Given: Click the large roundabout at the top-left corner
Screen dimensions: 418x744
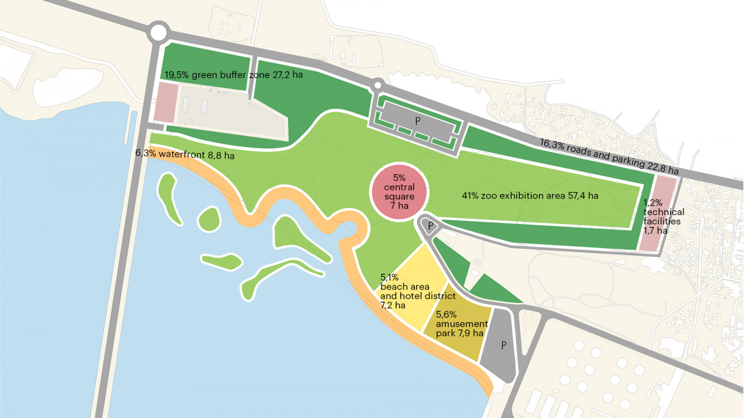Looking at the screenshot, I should [x=158, y=32].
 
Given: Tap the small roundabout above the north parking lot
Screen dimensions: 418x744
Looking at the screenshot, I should [x=377, y=84].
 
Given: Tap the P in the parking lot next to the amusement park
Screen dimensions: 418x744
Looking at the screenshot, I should [x=503, y=345].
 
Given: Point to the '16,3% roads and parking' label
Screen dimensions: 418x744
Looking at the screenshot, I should [x=609, y=157].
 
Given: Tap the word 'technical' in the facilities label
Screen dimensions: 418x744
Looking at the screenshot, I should [x=664, y=212].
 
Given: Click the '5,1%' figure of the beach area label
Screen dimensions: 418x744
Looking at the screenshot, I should [x=389, y=277].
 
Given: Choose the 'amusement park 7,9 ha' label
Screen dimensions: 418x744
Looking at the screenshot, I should [x=461, y=329].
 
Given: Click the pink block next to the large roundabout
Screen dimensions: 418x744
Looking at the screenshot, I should [x=165, y=103].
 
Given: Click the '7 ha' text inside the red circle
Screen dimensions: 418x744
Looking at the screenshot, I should [x=399, y=206].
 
